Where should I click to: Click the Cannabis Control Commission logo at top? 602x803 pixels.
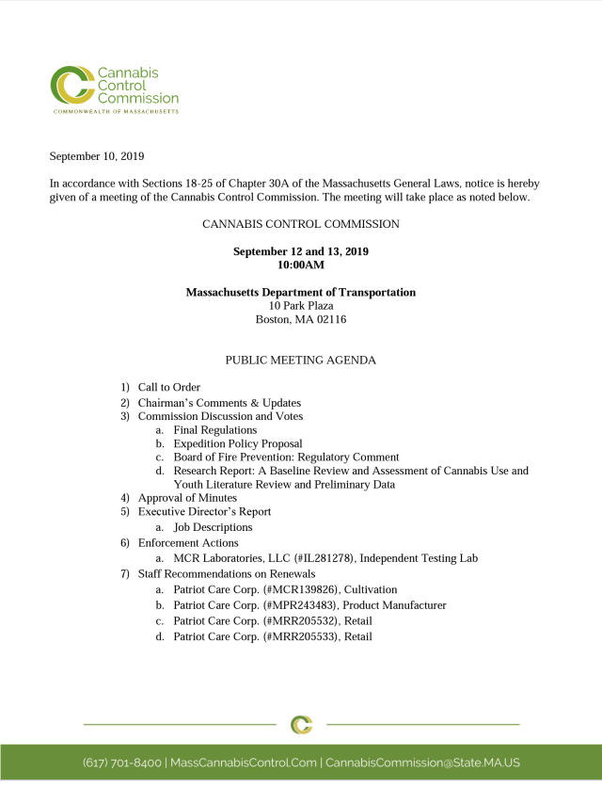pyautogui.click(x=114, y=88)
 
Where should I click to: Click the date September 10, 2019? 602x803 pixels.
pyautogui.click(x=96, y=156)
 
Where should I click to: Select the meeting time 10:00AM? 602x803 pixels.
pyautogui.click(x=301, y=265)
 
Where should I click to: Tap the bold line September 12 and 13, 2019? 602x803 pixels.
pyautogui.click(x=301, y=251)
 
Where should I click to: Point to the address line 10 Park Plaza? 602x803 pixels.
pyautogui.click(x=301, y=306)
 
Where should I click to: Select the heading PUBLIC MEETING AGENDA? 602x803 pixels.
pyautogui.click(x=301, y=360)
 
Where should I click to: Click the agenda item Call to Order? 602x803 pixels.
pyautogui.click(x=169, y=387)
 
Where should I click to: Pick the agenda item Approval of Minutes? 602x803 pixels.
pyautogui.click(x=187, y=497)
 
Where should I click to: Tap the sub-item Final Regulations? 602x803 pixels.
pyautogui.click(x=214, y=429)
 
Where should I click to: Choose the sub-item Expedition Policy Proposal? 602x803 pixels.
pyautogui.click(x=238, y=443)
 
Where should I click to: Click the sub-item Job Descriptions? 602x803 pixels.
pyautogui.click(x=213, y=527)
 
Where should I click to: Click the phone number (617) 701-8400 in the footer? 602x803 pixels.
pyautogui.click(x=122, y=763)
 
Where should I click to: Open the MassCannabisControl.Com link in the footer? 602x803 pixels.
pyautogui.click(x=244, y=763)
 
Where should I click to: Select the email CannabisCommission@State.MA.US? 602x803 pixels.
pyautogui.click(x=422, y=763)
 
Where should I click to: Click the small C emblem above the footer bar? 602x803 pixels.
pyautogui.click(x=301, y=724)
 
